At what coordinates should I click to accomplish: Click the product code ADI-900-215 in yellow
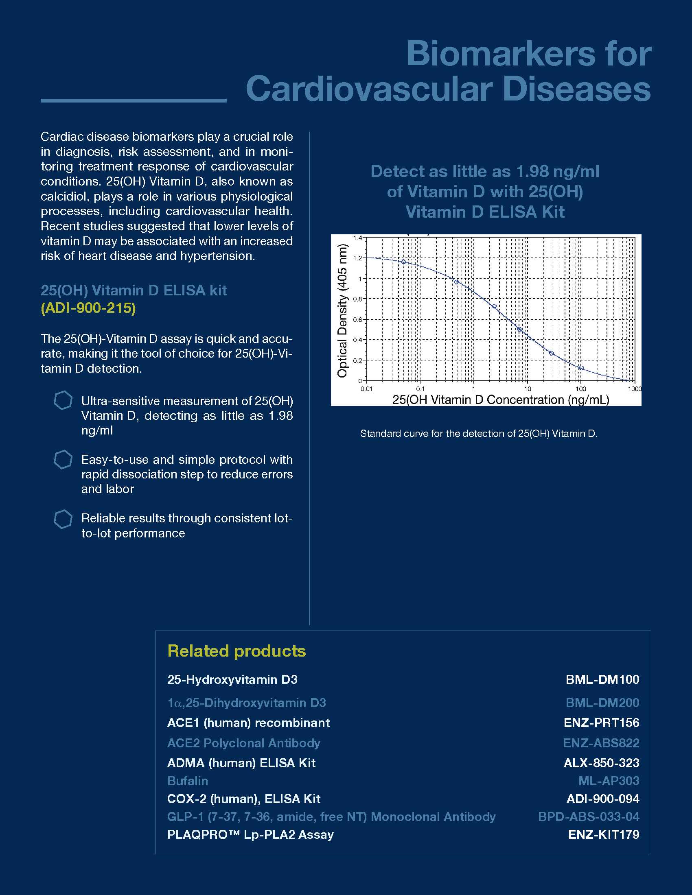pos(88,308)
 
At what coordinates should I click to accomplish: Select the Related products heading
pos(237,651)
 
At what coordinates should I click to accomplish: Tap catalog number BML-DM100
pos(602,679)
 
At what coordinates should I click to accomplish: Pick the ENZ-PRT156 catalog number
pos(601,723)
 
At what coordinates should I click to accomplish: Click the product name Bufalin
pos(187,781)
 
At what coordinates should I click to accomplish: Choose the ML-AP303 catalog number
pos(609,781)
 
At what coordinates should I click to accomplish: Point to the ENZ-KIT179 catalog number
pos(603,834)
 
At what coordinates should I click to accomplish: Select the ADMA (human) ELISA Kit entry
pos(241,763)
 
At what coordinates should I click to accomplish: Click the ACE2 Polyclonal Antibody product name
pos(243,743)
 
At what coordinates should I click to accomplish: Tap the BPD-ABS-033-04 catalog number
pos(588,816)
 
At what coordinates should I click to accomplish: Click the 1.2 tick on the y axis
pos(357,258)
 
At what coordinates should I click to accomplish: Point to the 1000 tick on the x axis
pos(634,389)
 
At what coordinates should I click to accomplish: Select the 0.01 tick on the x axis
pos(366,389)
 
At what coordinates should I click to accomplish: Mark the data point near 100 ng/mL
pos(581,368)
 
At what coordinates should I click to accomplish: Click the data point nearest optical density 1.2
pos(403,262)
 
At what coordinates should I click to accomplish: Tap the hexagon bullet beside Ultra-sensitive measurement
pos(63,400)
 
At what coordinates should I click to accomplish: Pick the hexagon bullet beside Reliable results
pos(63,519)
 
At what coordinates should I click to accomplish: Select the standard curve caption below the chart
pos(478,434)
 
